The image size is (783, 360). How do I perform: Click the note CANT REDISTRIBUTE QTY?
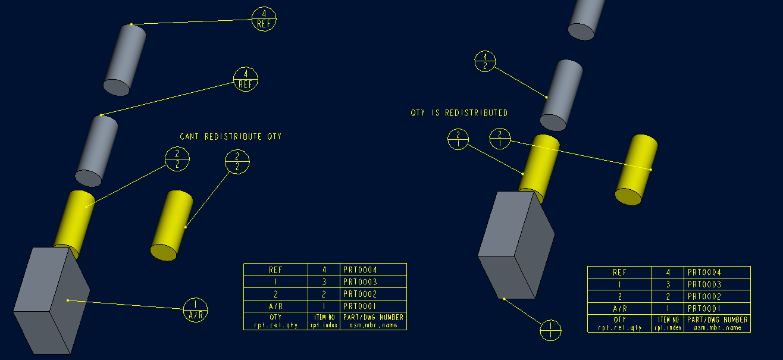pyautogui.click(x=230, y=137)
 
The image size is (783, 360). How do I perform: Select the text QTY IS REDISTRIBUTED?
pyautogui.click(x=459, y=113)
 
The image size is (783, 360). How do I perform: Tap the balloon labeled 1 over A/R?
pyautogui.click(x=196, y=310)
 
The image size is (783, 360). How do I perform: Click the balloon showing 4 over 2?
pyautogui.click(x=485, y=61)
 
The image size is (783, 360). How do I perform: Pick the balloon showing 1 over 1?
pyautogui.click(x=551, y=330)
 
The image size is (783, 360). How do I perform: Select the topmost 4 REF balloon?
pyautogui.click(x=264, y=19)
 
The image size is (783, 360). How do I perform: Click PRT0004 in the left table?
pyautogui.click(x=360, y=270)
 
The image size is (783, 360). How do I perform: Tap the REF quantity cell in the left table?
pyautogui.click(x=275, y=270)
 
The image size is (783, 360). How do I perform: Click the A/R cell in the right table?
pyautogui.click(x=619, y=309)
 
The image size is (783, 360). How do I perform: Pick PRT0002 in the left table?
pyautogui.click(x=360, y=294)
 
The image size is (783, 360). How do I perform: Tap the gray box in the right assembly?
pyautogui.click(x=515, y=244)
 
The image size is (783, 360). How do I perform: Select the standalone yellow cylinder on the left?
pyautogui.click(x=171, y=226)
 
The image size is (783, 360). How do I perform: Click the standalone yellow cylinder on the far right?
pyautogui.click(x=636, y=170)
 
